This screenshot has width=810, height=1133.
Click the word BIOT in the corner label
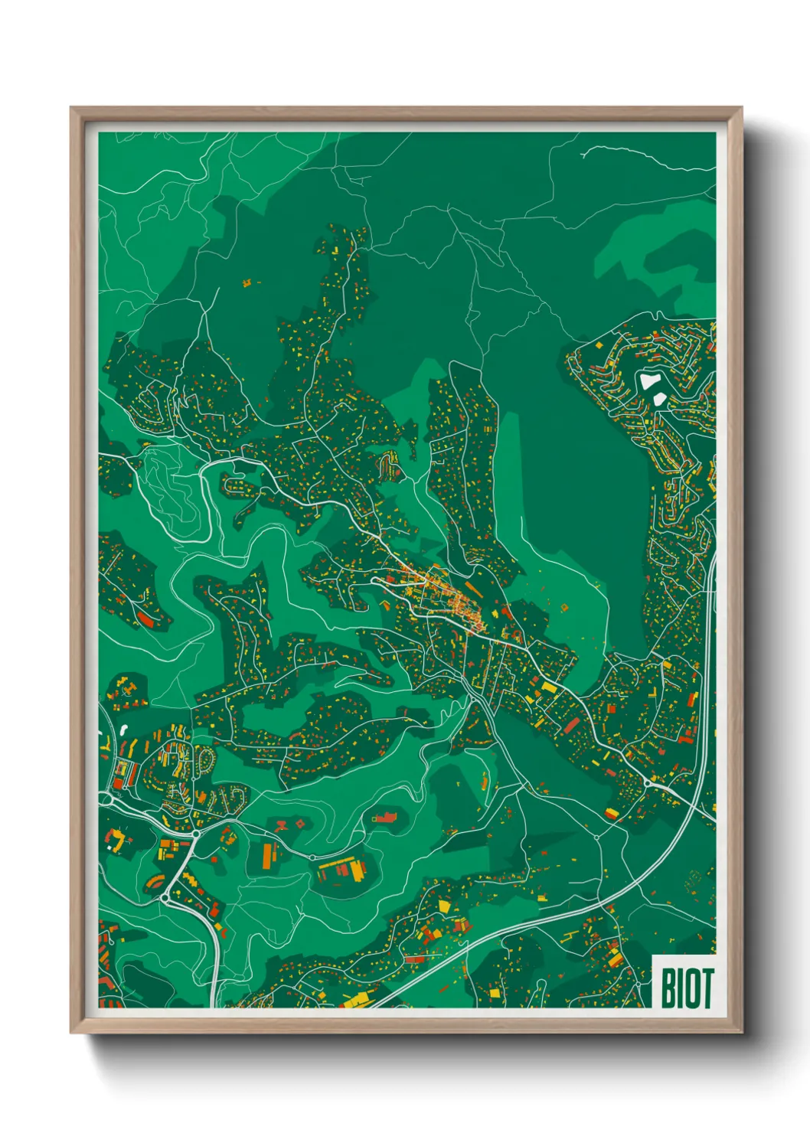pos(686,988)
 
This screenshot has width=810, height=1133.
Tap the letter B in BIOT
pos(668,988)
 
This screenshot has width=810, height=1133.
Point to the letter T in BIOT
pos(706,988)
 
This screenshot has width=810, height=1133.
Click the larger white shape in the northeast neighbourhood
pos(649,380)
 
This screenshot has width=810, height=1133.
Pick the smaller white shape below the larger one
pos(658,398)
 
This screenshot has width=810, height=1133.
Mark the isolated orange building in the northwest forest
pos(247,283)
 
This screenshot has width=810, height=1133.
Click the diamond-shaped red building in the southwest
pos(300,824)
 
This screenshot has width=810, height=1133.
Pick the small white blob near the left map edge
pos(125,726)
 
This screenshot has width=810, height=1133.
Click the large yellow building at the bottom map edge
pos(354,999)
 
